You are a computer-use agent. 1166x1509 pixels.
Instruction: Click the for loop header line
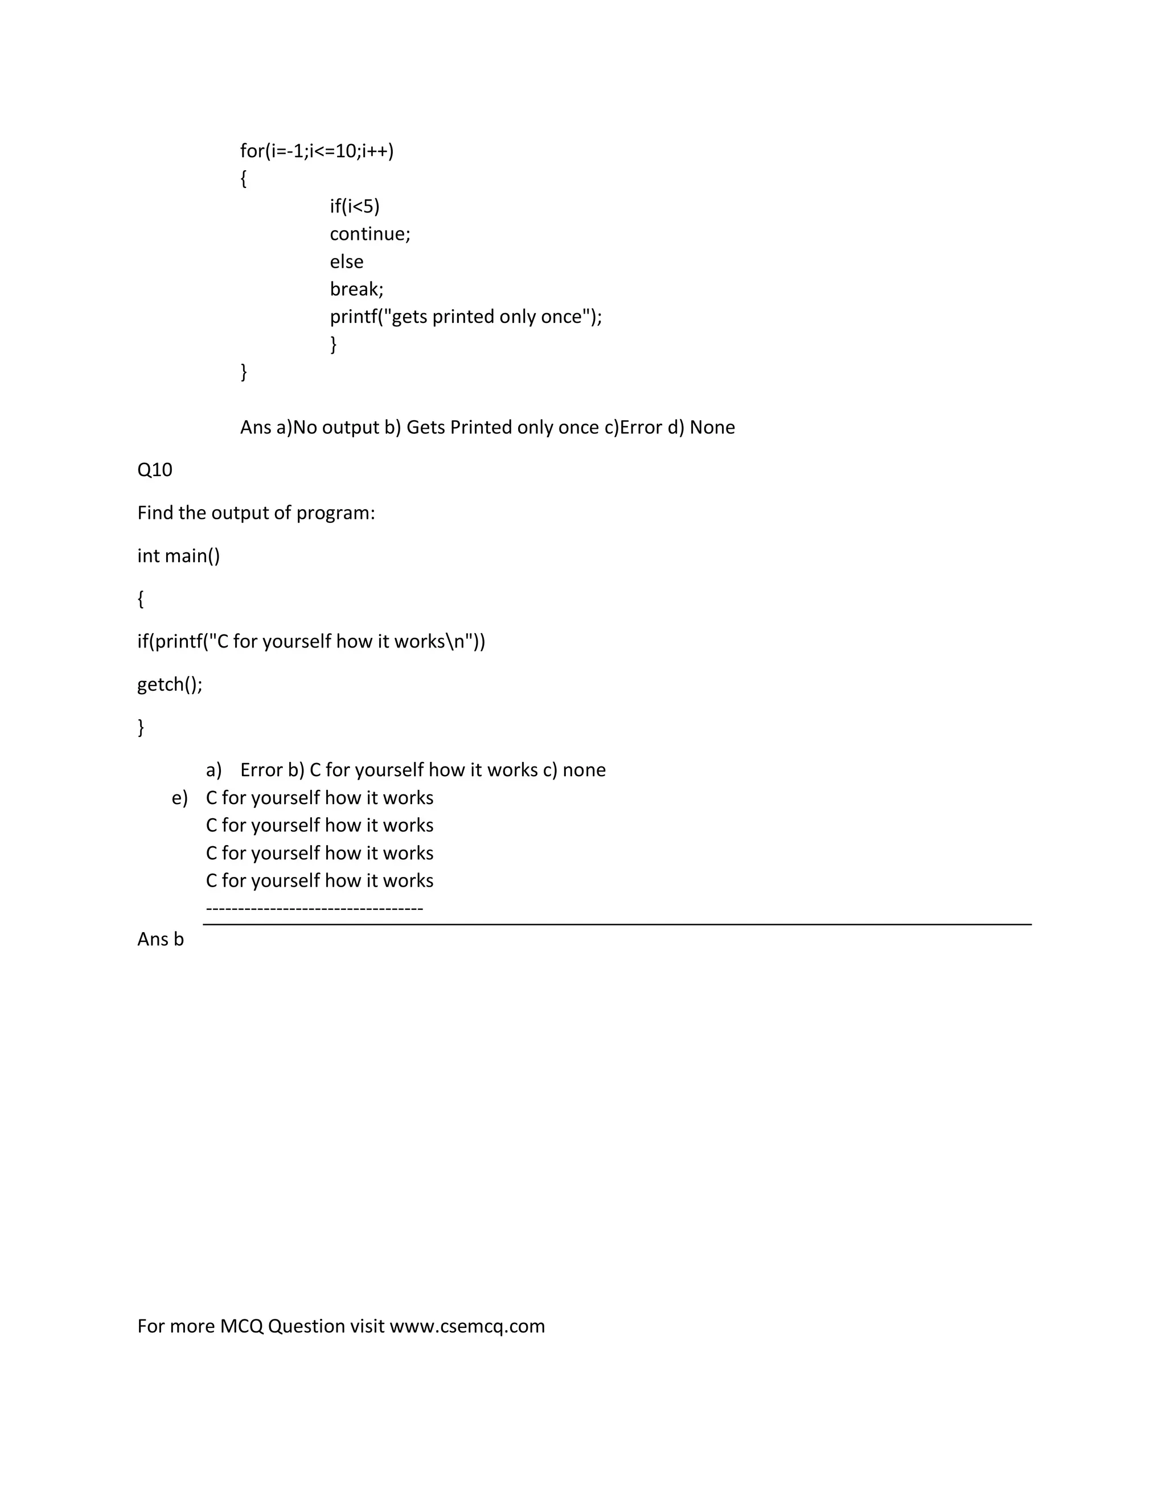coord(317,151)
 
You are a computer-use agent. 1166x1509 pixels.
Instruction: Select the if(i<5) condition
coord(354,206)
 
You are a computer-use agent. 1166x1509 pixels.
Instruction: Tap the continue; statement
coord(369,233)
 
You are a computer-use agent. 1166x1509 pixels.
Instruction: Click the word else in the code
coord(346,261)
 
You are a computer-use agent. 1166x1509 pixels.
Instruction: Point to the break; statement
coord(356,289)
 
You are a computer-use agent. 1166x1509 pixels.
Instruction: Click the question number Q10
coord(155,470)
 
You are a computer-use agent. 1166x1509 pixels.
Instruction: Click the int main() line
coord(178,556)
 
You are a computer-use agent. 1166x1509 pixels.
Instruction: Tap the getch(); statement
coord(170,684)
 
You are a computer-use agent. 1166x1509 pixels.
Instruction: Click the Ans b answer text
coord(160,939)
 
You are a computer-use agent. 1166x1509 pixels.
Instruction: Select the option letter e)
coord(179,798)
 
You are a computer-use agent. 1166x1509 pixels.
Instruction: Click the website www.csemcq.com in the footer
coord(467,1326)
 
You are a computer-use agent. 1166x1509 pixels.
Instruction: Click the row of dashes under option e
coord(314,908)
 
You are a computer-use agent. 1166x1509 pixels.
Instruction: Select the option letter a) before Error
coord(214,770)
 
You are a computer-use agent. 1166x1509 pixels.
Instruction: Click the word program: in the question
coord(335,512)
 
